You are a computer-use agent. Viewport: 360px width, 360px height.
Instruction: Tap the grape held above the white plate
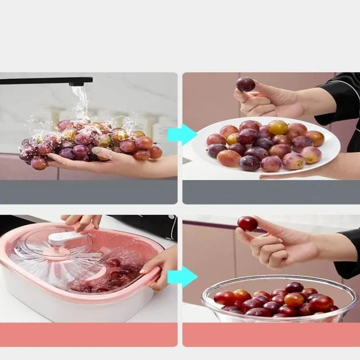[x=246, y=84]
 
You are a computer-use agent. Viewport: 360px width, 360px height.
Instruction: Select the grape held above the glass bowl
[x=247, y=224]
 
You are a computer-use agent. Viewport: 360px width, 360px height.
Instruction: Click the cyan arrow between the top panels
[x=182, y=135]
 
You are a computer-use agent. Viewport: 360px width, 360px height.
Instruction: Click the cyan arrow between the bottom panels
[x=182, y=277]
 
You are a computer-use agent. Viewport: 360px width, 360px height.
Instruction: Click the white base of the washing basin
[x=67, y=306]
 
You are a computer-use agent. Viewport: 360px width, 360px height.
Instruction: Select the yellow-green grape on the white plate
[x=277, y=127]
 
